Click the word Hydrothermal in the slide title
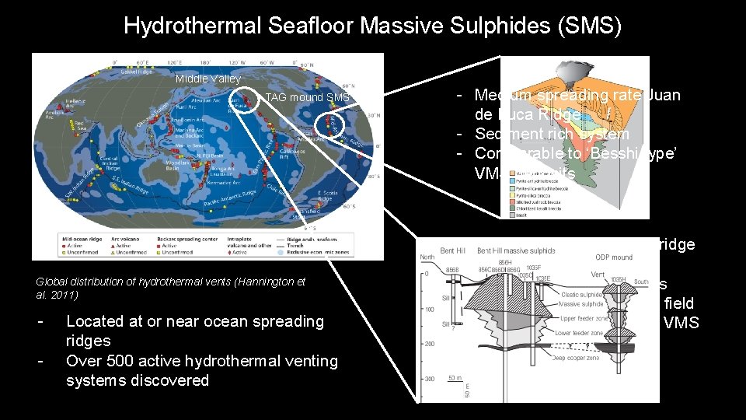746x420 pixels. (183, 26)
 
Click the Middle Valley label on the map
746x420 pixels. (207, 79)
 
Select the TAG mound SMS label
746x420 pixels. (308, 97)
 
